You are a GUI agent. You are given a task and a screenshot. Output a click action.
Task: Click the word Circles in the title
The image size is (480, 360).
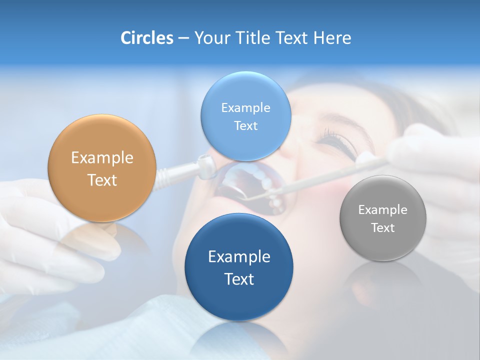[x=146, y=38]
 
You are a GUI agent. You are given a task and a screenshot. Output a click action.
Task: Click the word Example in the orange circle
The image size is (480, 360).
[x=102, y=158]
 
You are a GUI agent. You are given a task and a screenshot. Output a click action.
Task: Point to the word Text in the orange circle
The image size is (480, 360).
[x=102, y=180]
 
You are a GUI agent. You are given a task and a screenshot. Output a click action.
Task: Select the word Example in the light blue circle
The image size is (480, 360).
[x=245, y=108]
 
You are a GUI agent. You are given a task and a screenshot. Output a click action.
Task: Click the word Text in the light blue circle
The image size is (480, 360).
[x=245, y=126]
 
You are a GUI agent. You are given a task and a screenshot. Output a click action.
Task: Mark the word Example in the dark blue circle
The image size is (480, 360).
[x=239, y=257]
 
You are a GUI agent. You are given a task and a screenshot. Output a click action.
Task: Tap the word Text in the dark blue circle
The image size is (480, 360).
[x=239, y=279]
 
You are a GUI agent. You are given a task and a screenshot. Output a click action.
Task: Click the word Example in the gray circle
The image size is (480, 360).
[x=383, y=210]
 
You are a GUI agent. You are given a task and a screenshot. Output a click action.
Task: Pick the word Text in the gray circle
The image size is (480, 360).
[x=383, y=228]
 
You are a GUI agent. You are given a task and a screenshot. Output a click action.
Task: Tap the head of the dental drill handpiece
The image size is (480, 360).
[x=205, y=166]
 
